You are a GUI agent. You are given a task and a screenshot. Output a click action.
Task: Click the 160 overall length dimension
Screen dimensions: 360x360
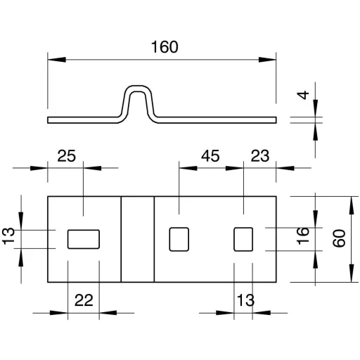pyautogui.click(x=165, y=47)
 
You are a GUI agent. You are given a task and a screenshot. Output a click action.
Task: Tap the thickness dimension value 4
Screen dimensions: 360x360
pyautogui.click(x=303, y=95)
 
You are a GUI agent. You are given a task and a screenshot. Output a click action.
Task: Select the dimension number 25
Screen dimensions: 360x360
pyautogui.click(x=67, y=156)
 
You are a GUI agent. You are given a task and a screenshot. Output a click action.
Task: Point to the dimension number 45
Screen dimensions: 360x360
pyautogui.click(x=210, y=156)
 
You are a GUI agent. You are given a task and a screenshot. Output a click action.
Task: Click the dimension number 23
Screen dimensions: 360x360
pyautogui.click(x=260, y=156)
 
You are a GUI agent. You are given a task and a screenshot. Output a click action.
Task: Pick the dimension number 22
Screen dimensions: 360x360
pyautogui.click(x=84, y=300)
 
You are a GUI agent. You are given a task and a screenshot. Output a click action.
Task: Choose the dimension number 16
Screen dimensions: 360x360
pyautogui.click(x=302, y=236)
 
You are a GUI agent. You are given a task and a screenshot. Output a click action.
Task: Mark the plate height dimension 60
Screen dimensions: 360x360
pyautogui.click(x=339, y=238)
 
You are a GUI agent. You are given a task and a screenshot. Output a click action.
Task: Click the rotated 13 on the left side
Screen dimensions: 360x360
pyautogui.click(x=8, y=236)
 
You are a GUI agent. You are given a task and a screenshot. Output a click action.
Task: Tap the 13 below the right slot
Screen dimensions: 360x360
pyautogui.click(x=245, y=300)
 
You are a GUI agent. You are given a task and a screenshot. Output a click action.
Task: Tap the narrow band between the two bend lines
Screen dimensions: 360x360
pyautogui.click(x=138, y=239)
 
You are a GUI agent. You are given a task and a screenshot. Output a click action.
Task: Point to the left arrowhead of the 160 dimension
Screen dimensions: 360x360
pyautogui.click(x=57, y=60)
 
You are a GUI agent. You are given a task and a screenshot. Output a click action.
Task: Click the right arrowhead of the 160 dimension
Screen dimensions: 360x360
pyautogui.click(x=267, y=60)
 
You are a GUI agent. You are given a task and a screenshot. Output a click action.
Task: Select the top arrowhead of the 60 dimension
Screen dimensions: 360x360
pyautogui.click(x=351, y=205)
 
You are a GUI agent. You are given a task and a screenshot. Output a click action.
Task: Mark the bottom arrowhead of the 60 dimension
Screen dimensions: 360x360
pyautogui.click(x=351, y=273)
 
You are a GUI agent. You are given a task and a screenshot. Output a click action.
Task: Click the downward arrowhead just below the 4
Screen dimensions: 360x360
pyautogui.click(x=316, y=108)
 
